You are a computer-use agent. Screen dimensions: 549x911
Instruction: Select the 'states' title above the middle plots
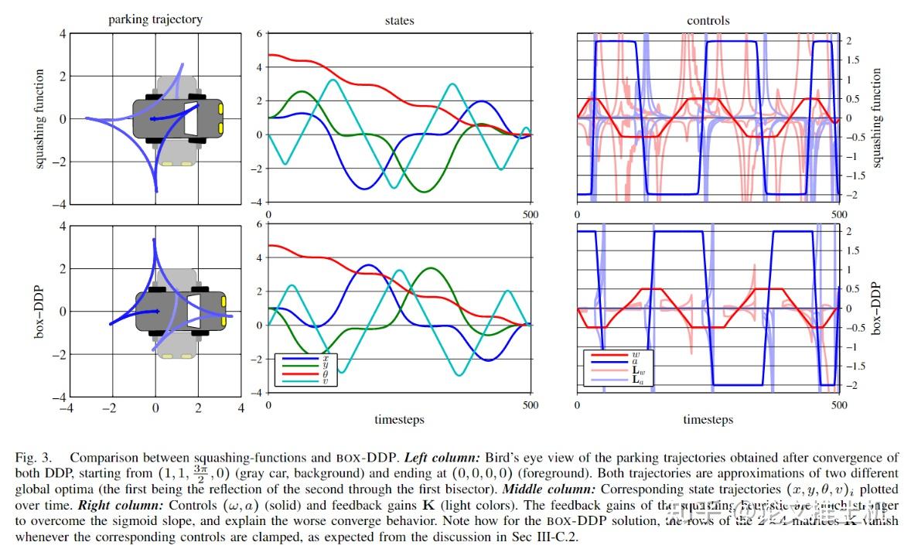(x=399, y=21)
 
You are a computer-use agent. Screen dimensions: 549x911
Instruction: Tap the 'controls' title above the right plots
(x=708, y=21)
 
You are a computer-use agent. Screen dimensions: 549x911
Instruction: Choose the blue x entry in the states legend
(x=306, y=359)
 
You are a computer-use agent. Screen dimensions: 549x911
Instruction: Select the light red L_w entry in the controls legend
(x=619, y=372)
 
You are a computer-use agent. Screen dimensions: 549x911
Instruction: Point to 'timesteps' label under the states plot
(x=399, y=420)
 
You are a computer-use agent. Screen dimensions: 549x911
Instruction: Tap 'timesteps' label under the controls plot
(x=708, y=420)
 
